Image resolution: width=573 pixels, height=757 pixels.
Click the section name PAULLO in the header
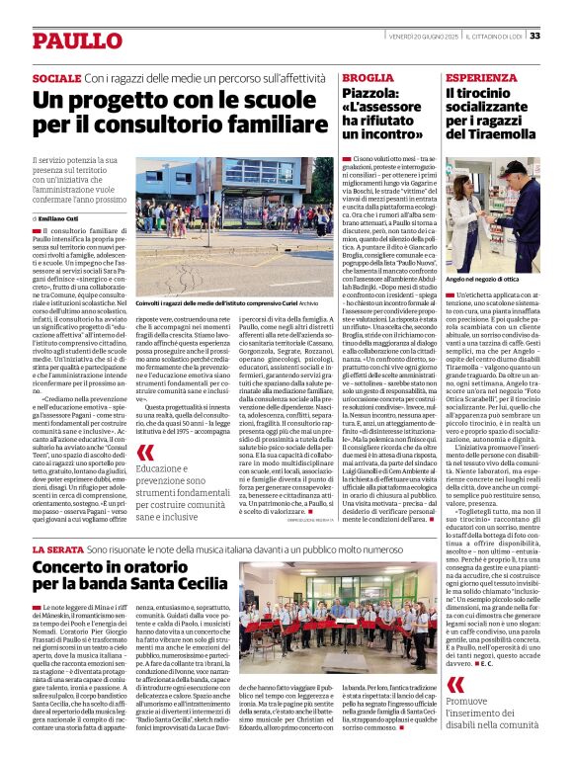pos(68,41)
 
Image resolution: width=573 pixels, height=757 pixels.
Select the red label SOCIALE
pos(56,77)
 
